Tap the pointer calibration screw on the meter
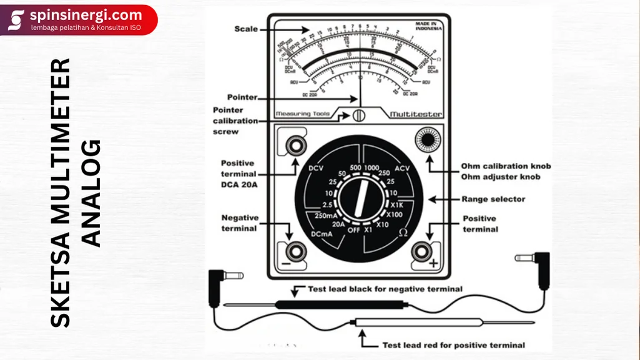[359, 115]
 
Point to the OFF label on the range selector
[353, 230]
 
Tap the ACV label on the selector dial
[402, 168]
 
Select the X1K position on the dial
[398, 204]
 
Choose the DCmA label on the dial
[321, 234]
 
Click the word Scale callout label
[246, 29]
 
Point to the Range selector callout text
[493, 200]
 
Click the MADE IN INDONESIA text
[429, 27]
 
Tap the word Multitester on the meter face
[416, 115]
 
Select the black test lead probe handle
[340, 304]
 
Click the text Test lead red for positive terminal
[454, 345]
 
